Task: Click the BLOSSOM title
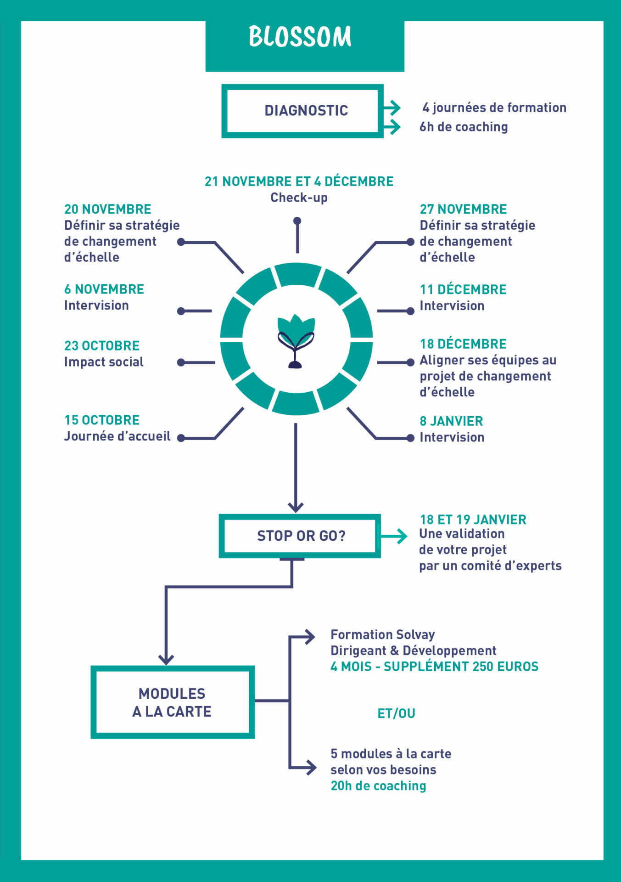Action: point(300,37)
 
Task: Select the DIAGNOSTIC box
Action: point(302,111)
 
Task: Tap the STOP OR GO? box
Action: point(300,536)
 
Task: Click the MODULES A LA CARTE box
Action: point(172,702)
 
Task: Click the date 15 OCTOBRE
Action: point(102,420)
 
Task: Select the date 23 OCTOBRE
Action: point(102,345)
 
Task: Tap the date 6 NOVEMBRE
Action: point(104,289)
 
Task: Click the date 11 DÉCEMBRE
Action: point(463,289)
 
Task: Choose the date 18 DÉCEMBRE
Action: point(463,344)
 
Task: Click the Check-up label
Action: point(299,198)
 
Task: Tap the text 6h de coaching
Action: point(464,127)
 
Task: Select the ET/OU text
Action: point(396,713)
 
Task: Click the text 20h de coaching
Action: point(378,786)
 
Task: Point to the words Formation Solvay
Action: point(382,634)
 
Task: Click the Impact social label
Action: point(104,362)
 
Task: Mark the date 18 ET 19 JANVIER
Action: point(473,520)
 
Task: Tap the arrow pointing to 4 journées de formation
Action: point(392,108)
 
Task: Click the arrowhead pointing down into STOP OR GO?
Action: point(296,507)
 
